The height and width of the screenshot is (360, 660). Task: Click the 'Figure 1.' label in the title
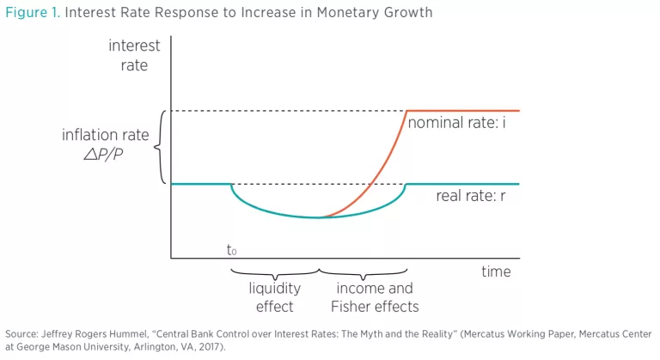(x=33, y=13)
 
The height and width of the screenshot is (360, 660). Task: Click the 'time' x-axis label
(x=495, y=272)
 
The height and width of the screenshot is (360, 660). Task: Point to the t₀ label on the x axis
(x=231, y=251)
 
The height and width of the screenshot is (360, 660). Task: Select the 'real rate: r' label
(x=473, y=196)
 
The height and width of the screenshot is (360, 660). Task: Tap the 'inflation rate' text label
(x=105, y=135)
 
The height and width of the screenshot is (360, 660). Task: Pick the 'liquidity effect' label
(x=274, y=297)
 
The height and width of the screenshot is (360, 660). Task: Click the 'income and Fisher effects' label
(x=374, y=297)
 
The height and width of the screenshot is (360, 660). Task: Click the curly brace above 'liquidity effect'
(x=275, y=272)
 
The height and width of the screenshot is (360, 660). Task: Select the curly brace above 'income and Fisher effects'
(x=363, y=272)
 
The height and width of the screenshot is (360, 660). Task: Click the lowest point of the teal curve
(x=319, y=217)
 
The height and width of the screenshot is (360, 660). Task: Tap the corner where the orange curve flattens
(x=406, y=111)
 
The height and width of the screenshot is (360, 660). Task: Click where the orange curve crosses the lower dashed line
(x=370, y=184)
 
